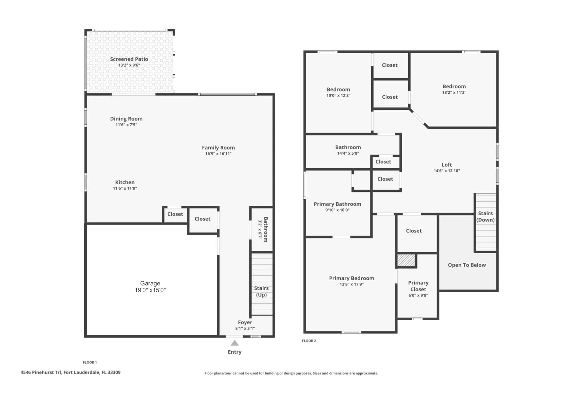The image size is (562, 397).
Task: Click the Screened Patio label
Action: click(x=129, y=59)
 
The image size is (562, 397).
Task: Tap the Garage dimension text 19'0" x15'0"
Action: click(x=150, y=290)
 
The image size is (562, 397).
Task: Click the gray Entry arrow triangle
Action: click(x=234, y=343)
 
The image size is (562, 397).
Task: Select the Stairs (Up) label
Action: click(x=261, y=291)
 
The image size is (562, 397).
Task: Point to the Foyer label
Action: click(x=245, y=322)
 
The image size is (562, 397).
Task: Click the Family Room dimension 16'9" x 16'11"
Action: click(x=218, y=154)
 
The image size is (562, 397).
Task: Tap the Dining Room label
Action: click(x=126, y=119)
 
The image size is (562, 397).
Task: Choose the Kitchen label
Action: click(x=125, y=182)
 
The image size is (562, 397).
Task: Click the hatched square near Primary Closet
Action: click(x=406, y=260)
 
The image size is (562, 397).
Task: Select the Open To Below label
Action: click(x=467, y=265)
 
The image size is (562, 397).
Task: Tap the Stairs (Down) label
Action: click(x=485, y=216)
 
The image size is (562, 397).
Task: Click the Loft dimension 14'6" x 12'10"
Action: click(x=446, y=171)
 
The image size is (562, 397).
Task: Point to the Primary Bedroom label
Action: click(x=352, y=278)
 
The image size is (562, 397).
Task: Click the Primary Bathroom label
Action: click(x=337, y=204)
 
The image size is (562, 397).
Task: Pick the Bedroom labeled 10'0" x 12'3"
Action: click(x=338, y=89)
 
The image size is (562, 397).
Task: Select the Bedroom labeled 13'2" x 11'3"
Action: click(x=454, y=86)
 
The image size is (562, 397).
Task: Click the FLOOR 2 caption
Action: click(x=309, y=341)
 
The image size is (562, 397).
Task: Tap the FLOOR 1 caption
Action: click(x=90, y=362)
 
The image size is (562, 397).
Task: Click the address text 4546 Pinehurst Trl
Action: click(x=41, y=372)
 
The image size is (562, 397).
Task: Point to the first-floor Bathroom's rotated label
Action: click(x=265, y=229)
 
